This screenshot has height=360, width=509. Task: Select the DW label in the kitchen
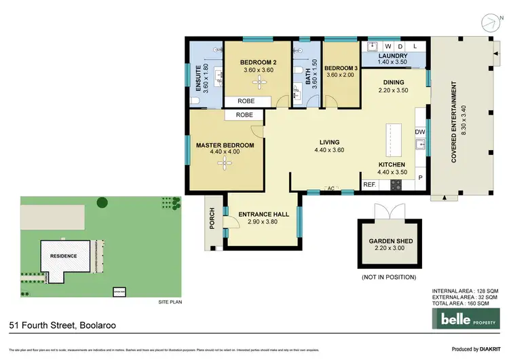(x=419, y=132)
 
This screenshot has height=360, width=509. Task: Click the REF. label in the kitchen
(x=369, y=184)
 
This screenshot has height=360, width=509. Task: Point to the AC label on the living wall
(x=331, y=188)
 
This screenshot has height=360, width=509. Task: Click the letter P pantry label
(x=420, y=179)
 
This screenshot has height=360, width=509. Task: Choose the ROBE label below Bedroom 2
(x=246, y=102)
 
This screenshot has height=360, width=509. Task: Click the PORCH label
(x=212, y=218)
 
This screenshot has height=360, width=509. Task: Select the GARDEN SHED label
(x=390, y=241)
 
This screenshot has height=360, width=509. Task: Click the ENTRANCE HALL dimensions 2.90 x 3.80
(x=264, y=222)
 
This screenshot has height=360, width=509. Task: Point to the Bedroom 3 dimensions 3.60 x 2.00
(x=341, y=75)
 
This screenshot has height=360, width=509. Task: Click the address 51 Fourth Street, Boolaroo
(x=62, y=325)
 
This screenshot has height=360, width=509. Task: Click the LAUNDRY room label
(x=394, y=56)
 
